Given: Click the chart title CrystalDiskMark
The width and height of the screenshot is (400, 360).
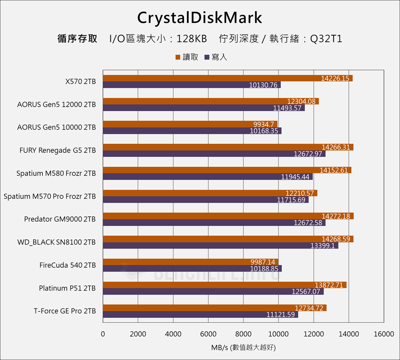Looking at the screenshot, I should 200,18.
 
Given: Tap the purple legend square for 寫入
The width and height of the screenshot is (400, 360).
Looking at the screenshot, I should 207,57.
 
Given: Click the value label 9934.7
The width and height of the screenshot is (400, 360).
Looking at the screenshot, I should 264,124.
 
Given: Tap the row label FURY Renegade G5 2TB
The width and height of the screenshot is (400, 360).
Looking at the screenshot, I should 58,150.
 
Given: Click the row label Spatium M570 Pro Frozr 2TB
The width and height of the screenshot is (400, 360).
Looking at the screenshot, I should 50,196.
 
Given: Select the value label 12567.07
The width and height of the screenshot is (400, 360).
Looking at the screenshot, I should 306,292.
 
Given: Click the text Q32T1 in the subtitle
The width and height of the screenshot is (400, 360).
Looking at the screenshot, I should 326,39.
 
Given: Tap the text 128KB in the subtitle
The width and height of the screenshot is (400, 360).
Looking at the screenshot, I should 191,39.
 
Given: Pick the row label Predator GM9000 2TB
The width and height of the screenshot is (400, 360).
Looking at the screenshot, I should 60,219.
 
